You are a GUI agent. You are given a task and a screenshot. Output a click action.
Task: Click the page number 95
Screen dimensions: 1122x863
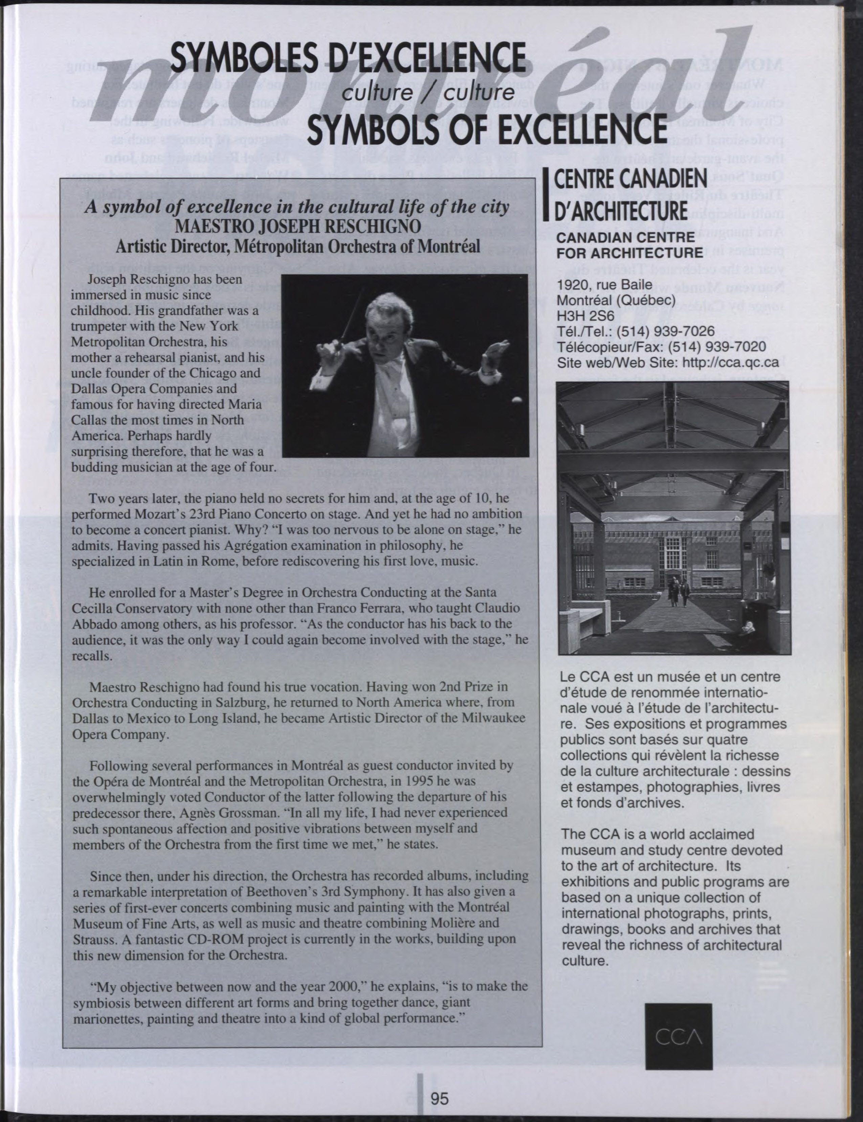point(440,1094)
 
